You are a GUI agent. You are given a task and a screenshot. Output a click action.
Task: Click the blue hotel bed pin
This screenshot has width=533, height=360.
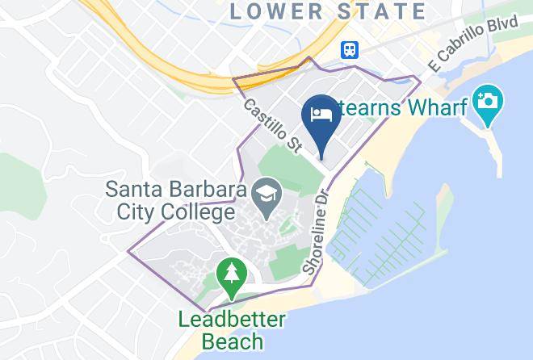pyautogui.click(x=321, y=113)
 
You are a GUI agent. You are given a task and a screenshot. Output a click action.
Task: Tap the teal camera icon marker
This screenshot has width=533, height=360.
pyautogui.click(x=489, y=102)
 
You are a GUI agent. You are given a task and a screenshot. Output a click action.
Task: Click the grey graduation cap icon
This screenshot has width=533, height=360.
pyautogui.click(x=262, y=192)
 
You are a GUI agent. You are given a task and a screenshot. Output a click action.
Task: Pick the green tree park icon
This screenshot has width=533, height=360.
pyautogui.click(x=232, y=272)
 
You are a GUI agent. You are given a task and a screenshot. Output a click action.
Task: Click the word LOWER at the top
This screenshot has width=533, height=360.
pyautogui.click(x=275, y=11)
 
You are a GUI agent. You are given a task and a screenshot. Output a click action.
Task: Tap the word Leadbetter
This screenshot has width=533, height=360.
pyautogui.click(x=232, y=319)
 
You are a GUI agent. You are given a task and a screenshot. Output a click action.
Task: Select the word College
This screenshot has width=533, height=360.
pyautogui.click(x=188, y=215)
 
